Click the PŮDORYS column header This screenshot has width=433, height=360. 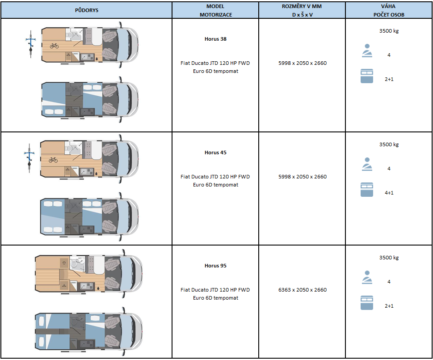[86, 10]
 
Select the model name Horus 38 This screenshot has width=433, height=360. [215, 39]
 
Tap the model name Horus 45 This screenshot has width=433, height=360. [215, 152]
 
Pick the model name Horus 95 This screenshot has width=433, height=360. [215, 266]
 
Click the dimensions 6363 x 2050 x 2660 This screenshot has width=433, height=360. [303, 290]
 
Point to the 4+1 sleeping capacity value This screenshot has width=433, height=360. [389, 193]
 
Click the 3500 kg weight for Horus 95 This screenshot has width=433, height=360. [389, 258]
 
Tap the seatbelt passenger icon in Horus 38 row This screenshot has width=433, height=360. [367, 51]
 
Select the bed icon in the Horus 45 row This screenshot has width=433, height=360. [367, 190]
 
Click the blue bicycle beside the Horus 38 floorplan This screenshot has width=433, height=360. [31, 44]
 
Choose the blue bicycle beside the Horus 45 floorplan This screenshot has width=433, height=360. [29, 158]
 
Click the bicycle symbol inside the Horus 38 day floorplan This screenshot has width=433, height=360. [54, 46]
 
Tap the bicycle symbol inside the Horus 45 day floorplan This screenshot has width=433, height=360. [53, 160]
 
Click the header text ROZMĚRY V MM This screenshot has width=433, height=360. [302, 6]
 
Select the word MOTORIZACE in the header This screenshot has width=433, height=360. [216, 15]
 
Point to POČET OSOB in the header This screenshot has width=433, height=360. [389, 15]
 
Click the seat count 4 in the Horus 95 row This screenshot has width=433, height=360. [389, 282]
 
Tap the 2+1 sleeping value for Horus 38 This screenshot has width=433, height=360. [389, 79]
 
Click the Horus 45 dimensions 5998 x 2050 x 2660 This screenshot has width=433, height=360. [303, 177]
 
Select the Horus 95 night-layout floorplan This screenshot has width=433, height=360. [88, 331]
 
